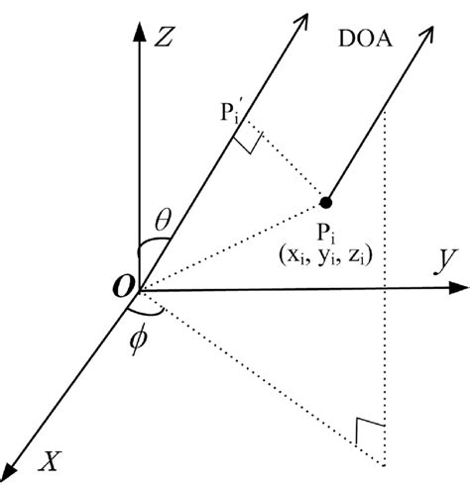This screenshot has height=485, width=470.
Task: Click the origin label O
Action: tap(123, 287)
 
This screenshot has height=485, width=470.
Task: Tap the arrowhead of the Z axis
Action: tap(139, 29)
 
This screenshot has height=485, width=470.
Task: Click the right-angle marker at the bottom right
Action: tap(370, 431)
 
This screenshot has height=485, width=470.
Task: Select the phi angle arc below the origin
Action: tap(147, 315)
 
